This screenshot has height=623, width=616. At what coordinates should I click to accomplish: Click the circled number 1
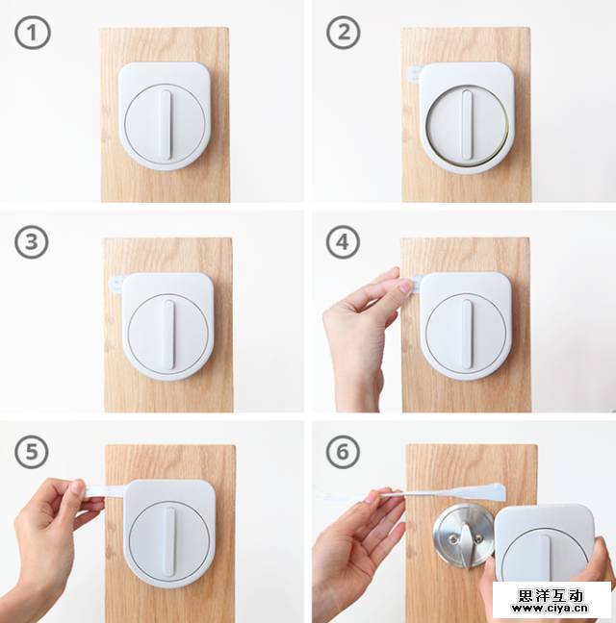coord(33,33)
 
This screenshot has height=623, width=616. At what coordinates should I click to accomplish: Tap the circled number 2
coord(344,33)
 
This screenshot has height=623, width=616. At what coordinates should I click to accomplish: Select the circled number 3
coord(32,242)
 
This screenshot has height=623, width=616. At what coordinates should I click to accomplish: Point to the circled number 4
coord(344,242)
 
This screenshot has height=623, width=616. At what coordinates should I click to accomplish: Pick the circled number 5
coord(32,452)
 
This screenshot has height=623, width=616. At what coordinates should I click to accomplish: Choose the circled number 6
coord(344,452)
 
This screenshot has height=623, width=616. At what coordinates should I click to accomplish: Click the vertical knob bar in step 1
coord(167,125)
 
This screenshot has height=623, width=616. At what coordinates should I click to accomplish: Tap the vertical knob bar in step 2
coord(467,125)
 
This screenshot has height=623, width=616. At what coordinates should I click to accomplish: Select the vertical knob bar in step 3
coord(168,335)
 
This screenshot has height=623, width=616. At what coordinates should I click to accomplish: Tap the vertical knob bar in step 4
coord(468,335)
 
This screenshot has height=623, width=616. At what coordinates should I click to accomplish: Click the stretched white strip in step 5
coord(105,490)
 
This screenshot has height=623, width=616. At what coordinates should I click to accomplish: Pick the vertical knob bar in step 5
coord(169,542)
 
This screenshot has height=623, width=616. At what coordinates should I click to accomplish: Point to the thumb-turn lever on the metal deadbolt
coord(469,544)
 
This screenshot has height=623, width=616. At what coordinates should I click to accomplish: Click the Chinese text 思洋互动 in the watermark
coord(551,595)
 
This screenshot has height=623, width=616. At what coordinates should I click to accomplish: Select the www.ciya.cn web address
coord(550,609)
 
